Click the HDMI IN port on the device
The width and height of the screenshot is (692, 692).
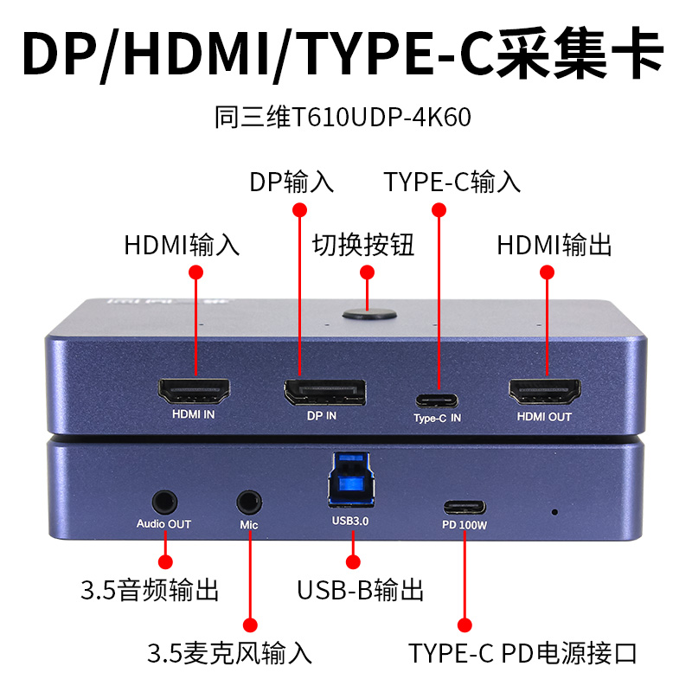point(194,393)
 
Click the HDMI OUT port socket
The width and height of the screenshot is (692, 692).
point(544,393)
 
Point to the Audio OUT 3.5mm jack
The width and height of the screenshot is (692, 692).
point(164,501)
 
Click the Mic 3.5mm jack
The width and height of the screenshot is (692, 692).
point(249,501)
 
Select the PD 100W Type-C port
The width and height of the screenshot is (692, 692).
point(465,507)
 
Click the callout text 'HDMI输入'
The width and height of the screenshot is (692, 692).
point(182,245)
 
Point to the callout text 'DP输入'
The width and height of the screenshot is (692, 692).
point(292,183)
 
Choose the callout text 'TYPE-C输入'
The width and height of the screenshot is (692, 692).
point(452,183)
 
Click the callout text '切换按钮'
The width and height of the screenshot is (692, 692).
point(363,245)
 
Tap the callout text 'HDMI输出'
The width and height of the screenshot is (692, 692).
point(554,245)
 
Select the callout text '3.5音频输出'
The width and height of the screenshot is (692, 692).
point(150,591)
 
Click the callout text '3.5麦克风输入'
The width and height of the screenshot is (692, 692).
point(229,651)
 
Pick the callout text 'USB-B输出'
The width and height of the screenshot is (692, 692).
point(361,591)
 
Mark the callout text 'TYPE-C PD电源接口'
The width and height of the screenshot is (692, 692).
point(523,651)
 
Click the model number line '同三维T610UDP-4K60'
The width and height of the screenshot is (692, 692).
point(343,118)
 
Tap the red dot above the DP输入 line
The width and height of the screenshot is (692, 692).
point(300,209)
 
